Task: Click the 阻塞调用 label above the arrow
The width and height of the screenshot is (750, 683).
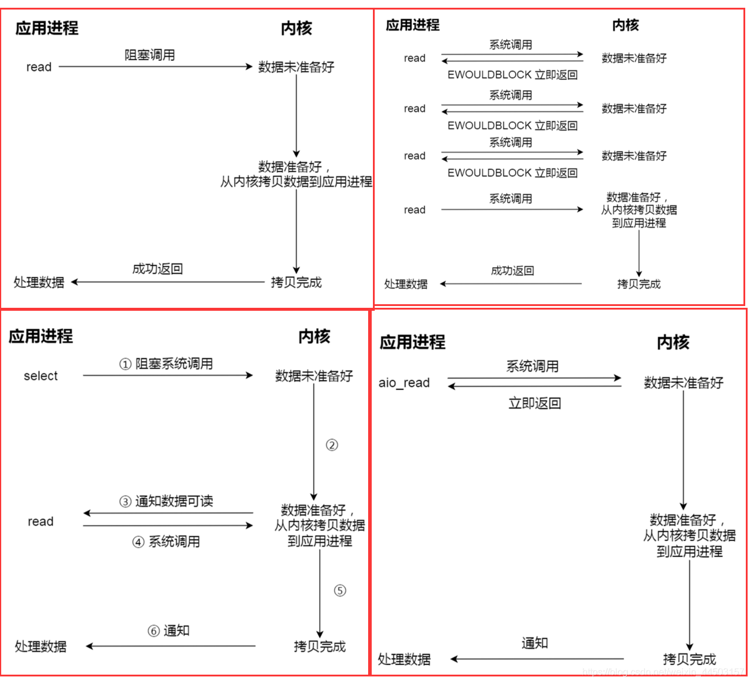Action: (150, 55)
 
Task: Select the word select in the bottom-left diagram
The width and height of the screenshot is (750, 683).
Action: (41, 376)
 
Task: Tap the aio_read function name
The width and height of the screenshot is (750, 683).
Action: (404, 383)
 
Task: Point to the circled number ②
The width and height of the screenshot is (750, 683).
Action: (332, 445)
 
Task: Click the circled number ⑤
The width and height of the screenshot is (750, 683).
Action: (339, 591)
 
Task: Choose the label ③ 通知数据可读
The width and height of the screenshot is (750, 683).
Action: (166, 501)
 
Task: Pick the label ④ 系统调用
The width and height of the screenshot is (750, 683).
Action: (166, 542)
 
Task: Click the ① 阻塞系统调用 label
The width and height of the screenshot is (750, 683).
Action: (166, 364)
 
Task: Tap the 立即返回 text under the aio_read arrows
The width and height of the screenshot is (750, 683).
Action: (535, 403)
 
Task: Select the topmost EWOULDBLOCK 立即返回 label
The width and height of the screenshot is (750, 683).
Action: (513, 75)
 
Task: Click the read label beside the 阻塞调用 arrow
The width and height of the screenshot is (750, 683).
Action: (39, 67)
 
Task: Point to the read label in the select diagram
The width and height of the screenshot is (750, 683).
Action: (41, 521)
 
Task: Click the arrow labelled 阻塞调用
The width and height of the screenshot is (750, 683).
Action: (155, 67)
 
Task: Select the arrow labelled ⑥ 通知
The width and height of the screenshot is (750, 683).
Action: (171, 646)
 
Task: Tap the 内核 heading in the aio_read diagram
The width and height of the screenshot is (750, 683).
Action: (673, 342)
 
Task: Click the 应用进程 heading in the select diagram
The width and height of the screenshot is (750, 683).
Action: (41, 336)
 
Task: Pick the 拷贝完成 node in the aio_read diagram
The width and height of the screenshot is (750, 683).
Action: (689, 659)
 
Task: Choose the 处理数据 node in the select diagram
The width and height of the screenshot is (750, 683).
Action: (41, 646)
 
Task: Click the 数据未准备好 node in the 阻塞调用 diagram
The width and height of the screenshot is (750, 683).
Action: (296, 67)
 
